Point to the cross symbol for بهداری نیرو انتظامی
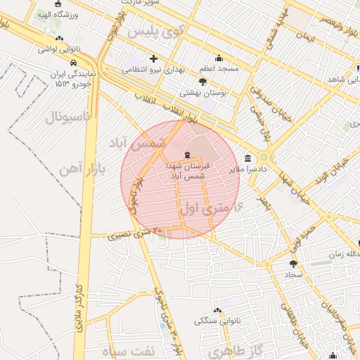[x=153, y=58]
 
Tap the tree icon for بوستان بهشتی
[x=202, y=82]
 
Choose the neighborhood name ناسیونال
[x=67, y=116]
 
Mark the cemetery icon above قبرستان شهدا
[x=186, y=154]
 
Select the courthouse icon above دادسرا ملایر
[x=247, y=159]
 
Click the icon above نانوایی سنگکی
[x=217, y=310]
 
